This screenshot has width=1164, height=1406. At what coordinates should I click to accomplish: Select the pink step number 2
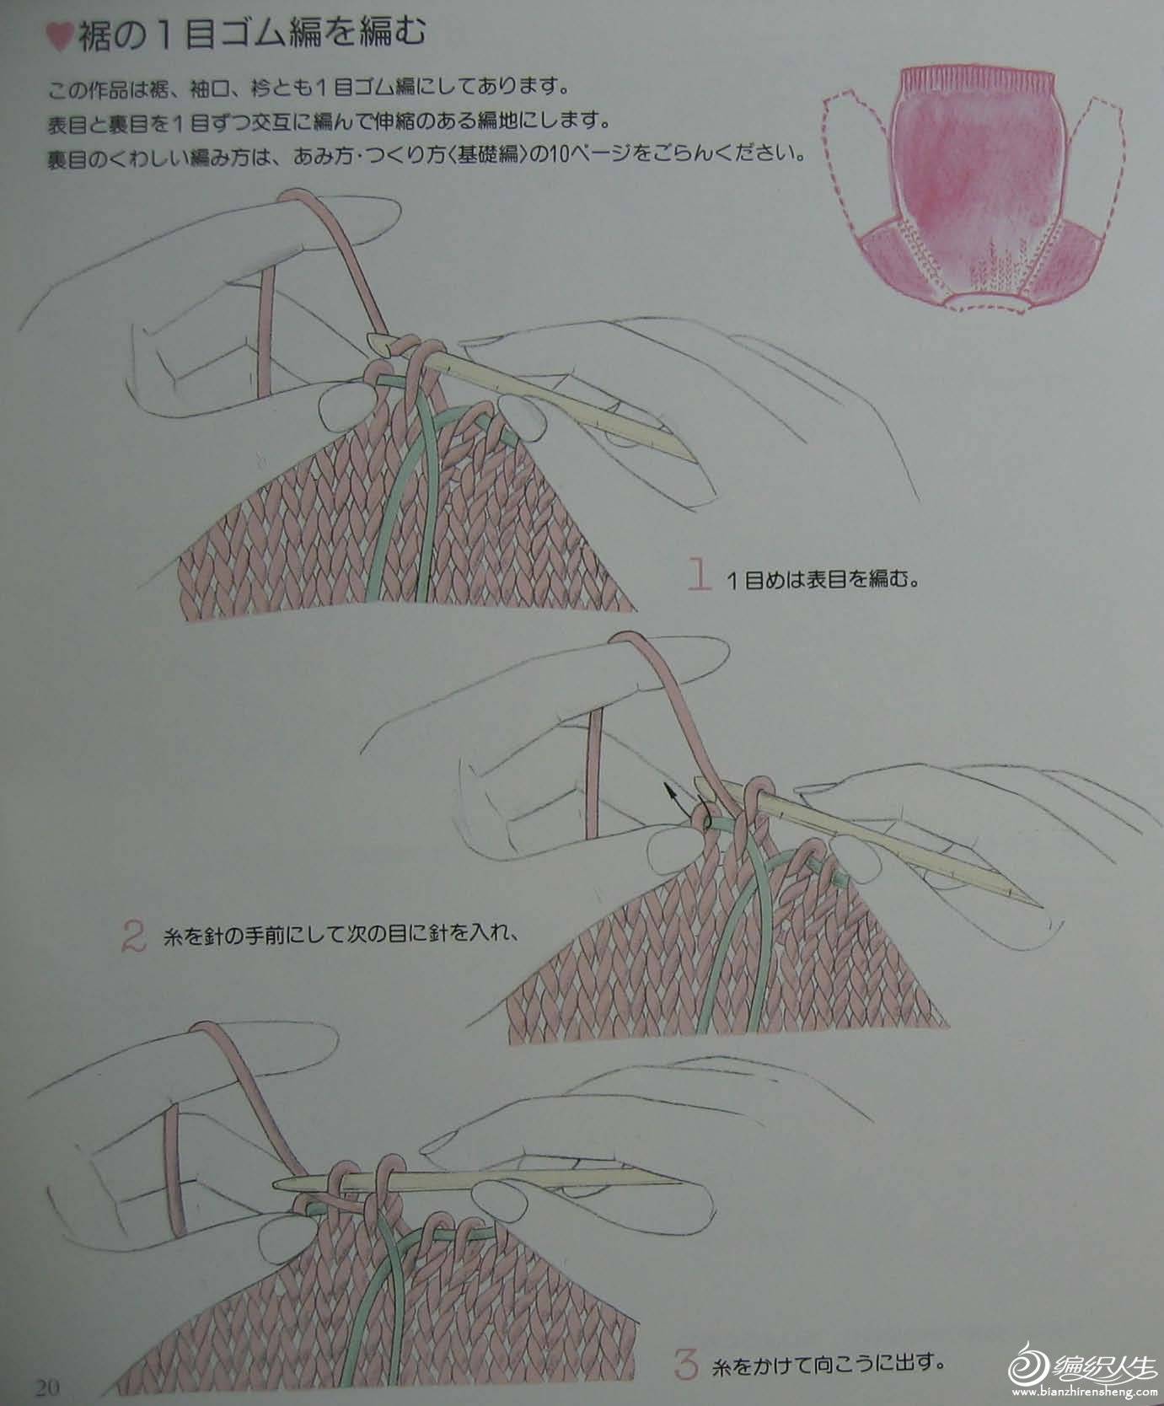(133, 936)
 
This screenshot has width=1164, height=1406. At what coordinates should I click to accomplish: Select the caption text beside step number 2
(336, 936)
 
